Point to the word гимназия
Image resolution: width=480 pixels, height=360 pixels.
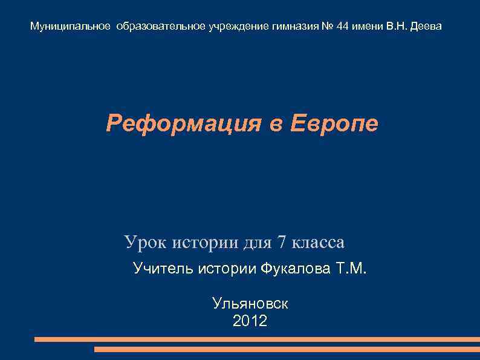(x=292, y=27)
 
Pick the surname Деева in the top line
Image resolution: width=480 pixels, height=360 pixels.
(x=426, y=27)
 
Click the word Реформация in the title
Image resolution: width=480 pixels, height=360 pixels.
(x=180, y=124)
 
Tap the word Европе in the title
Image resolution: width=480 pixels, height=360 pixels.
(x=334, y=123)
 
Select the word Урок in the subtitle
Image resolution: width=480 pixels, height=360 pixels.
(x=146, y=243)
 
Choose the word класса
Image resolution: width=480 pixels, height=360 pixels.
(x=318, y=243)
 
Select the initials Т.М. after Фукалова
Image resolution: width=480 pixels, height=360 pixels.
(x=351, y=268)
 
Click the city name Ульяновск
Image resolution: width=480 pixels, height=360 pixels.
(x=250, y=304)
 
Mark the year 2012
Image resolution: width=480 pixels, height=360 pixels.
(x=250, y=321)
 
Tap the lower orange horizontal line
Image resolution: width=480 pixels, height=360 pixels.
(x=287, y=349)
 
